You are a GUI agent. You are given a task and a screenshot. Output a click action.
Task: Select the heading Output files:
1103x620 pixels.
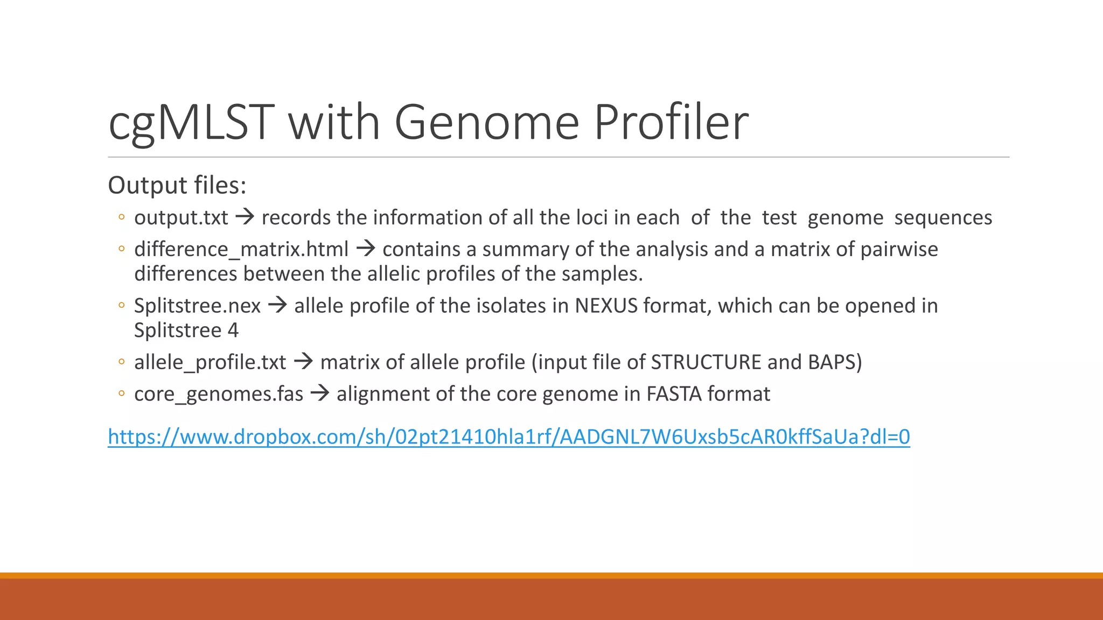pos(177,186)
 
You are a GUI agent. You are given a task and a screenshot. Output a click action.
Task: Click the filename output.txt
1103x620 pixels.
pos(181,218)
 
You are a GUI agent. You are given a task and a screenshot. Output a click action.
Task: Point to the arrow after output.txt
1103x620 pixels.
pos(245,217)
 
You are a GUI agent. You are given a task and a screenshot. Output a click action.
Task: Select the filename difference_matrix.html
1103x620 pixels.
pos(241,250)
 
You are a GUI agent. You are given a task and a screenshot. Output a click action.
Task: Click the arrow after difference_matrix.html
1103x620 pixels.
pos(366,249)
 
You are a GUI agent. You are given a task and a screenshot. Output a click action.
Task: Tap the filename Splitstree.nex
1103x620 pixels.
pos(197,306)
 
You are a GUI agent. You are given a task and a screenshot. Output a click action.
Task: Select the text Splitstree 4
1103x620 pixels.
pos(186,330)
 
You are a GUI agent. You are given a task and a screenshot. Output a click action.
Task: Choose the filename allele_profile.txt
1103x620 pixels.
pos(210,363)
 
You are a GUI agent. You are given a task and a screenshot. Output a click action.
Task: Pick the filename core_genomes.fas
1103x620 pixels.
pos(219,394)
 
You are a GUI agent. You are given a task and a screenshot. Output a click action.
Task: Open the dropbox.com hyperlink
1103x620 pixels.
pos(508,436)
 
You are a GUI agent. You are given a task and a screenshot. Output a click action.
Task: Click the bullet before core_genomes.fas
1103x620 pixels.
pos(122,394)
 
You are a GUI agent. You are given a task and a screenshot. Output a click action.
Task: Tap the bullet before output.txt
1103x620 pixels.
pos(122,217)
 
